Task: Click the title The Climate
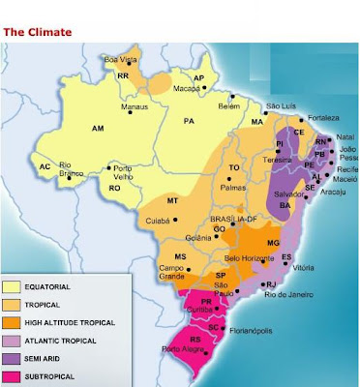click(x=38, y=31)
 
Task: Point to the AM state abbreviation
click(x=97, y=128)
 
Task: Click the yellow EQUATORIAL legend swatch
click(x=16, y=287)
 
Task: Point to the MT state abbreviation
click(x=173, y=200)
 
